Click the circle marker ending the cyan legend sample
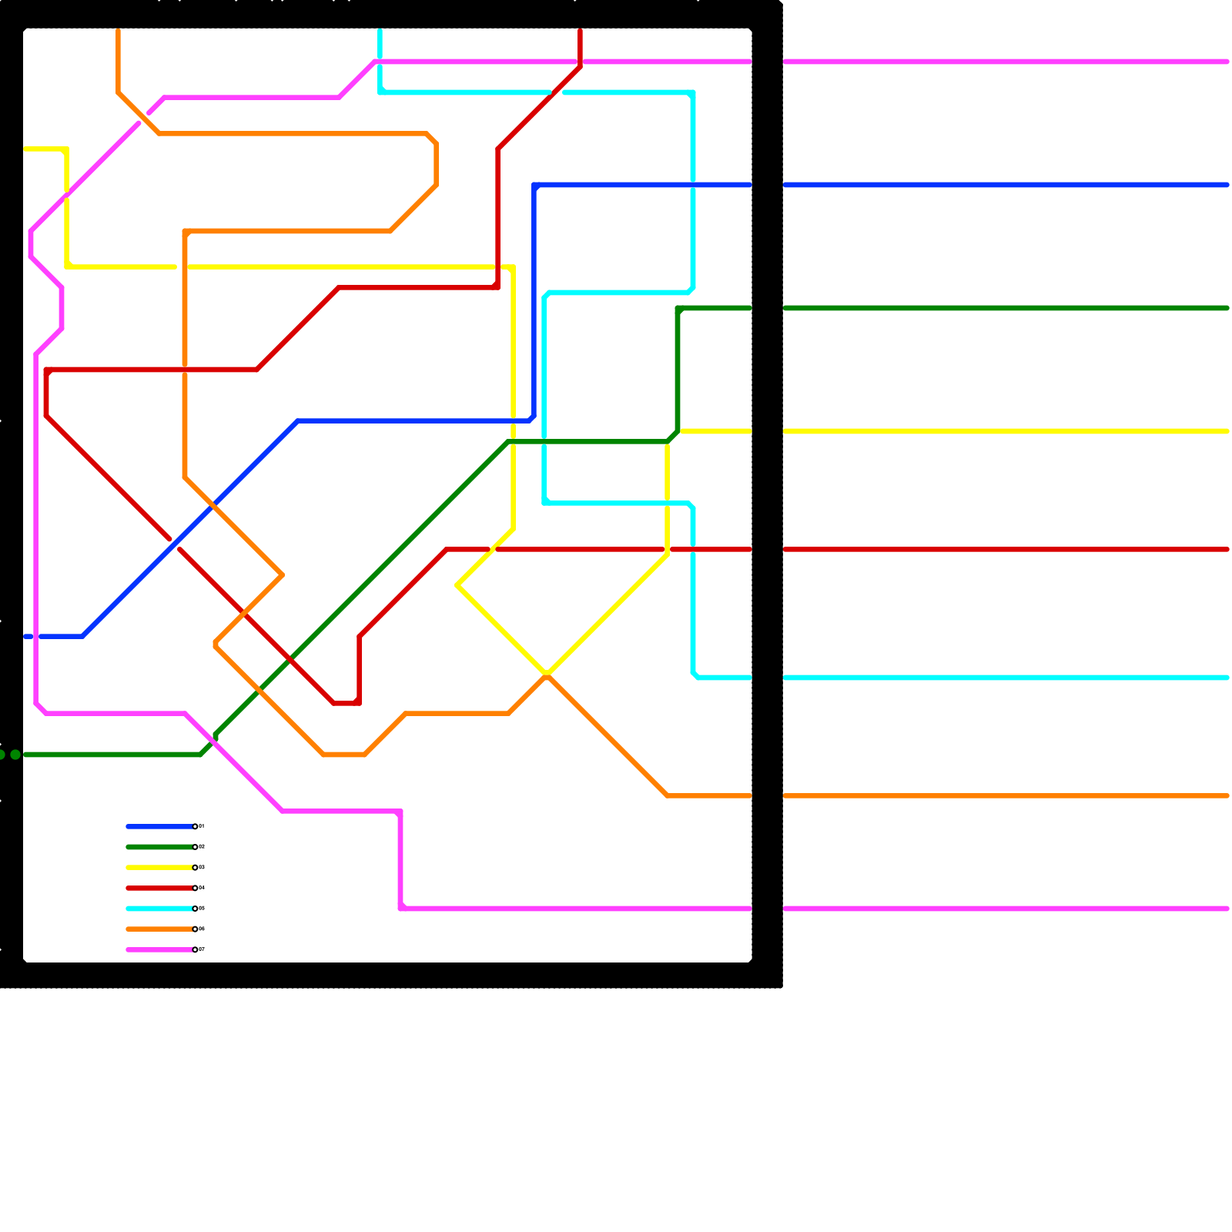point(195,909)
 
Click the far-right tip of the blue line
point(1227,185)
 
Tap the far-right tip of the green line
point(1227,308)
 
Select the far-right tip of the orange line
point(1227,796)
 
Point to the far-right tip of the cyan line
point(1227,678)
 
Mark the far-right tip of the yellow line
point(1227,431)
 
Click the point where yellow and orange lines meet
point(546,675)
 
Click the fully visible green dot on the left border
point(15,755)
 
